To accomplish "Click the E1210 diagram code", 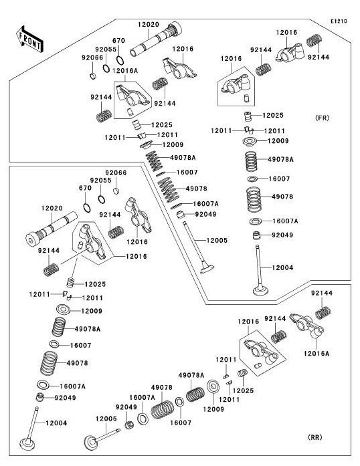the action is (339, 21).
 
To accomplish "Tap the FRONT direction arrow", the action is (29, 39).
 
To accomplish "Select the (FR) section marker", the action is (322, 118).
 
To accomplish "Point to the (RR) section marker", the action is (314, 437).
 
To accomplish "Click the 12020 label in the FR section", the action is (148, 24).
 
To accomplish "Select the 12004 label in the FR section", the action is (282, 267).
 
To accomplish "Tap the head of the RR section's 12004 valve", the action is (27, 444).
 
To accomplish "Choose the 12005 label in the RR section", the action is (106, 419).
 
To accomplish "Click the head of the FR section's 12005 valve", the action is (207, 269).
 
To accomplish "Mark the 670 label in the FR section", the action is (118, 41).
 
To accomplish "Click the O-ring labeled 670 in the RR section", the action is (86, 208).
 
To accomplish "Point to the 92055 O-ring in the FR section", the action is (106, 68).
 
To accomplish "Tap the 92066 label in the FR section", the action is (92, 57).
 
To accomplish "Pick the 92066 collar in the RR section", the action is (116, 191).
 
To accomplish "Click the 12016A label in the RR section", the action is (317, 354).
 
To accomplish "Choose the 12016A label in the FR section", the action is (125, 71).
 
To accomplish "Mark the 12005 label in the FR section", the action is (217, 240).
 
